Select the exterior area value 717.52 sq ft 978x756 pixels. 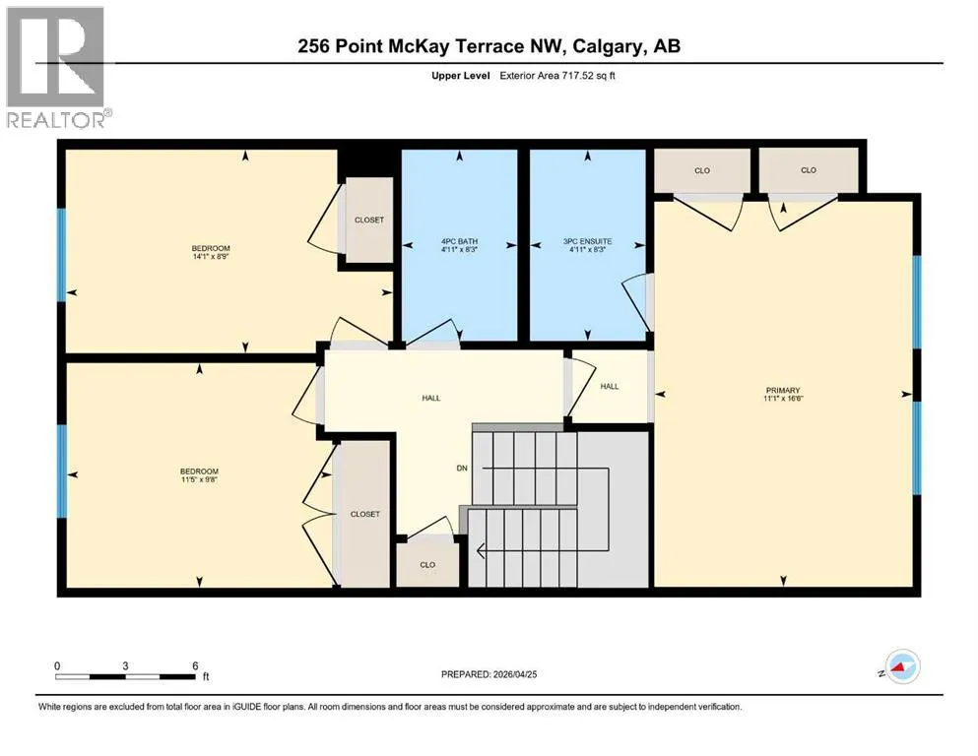(x=589, y=76)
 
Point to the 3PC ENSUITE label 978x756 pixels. (x=588, y=241)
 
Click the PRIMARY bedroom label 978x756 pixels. (x=783, y=390)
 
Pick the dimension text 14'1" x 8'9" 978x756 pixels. (x=211, y=256)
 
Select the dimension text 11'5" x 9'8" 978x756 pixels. (x=199, y=479)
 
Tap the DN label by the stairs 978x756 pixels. (x=462, y=468)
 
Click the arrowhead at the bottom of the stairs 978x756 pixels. (x=481, y=551)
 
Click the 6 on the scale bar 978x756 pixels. (x=195, y=665)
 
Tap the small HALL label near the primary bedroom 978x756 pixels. (x=610, y=387)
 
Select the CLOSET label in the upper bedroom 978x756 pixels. (x=369, y=220)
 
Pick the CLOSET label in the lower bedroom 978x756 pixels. (x=364, y=514)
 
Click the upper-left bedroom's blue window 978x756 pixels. (x=61, y=255)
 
